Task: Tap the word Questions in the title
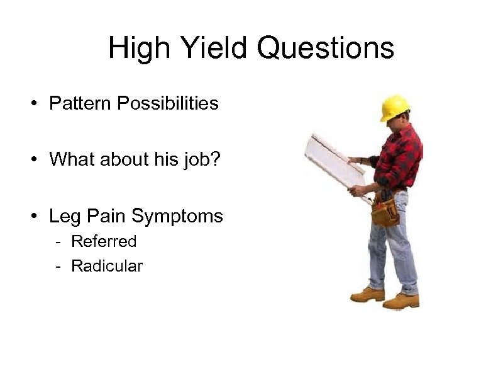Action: pyautogui.click(x=327, y=49)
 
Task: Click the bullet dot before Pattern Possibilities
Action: pyautogui.click(x=36, y=104)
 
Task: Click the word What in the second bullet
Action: pyautogui.click(x=70, y=159)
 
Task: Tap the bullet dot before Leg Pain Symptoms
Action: pyautogui.click(x=36, y=217)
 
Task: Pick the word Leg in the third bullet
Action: pyautogui.click(x=63, y=216)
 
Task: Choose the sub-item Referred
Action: pyautogui.click(x=104, y=241)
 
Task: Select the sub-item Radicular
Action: pyautogui.click(x=107, y=266)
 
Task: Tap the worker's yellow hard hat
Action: pyautogui.click(x=395, y=106)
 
